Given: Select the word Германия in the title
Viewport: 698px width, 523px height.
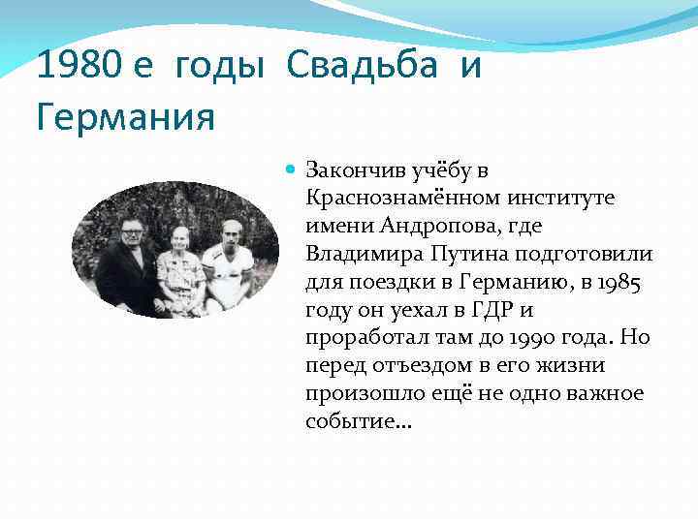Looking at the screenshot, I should click(125, 118).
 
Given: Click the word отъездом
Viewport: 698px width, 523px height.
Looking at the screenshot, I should click(402, 367).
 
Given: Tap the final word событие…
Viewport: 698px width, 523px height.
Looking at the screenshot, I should click(359, 423).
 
